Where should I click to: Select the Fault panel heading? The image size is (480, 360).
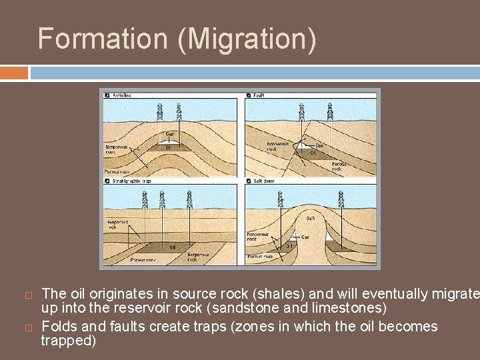pos(259,95)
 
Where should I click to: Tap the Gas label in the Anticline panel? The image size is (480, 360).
pos(171,134)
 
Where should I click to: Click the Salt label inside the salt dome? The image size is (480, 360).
pos(311,219)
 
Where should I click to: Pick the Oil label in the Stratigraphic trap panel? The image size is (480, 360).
pos(172,247)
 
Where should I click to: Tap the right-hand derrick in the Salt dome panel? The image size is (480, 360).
pos(343,199)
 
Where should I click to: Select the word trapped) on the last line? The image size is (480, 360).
pos(69,341)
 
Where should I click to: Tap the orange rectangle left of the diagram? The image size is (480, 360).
pos(14,72)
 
